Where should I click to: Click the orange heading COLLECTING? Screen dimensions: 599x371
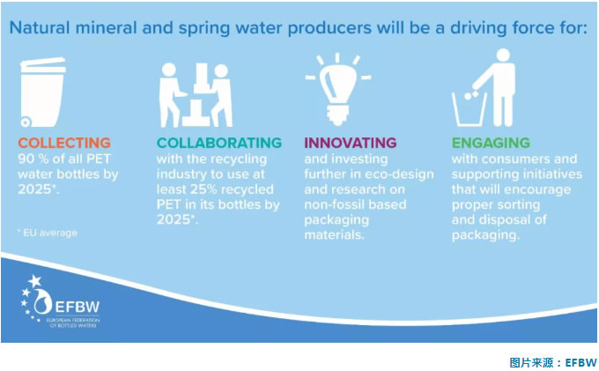(x=64, y=143)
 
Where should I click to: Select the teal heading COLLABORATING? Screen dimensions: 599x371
(x=218, y=143)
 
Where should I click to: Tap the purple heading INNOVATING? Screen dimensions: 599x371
(x=351, y=143)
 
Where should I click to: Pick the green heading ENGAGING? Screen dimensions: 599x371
(x=491, y=143)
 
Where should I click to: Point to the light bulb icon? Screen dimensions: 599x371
(x=337, y=90)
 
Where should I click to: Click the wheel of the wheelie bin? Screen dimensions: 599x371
(x=26, y=122)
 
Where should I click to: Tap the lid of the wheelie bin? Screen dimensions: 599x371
(x=43, y=65)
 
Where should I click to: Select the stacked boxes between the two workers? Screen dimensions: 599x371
(x=198, y=95)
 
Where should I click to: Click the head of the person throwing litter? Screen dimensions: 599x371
(x=503, y=55)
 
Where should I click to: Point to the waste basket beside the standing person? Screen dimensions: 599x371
(x=470, y=109)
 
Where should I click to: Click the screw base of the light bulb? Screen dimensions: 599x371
(x=337, y=115)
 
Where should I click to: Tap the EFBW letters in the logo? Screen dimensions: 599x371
(x=78, y=307)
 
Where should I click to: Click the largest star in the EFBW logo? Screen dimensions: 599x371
(x=35, y=281)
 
